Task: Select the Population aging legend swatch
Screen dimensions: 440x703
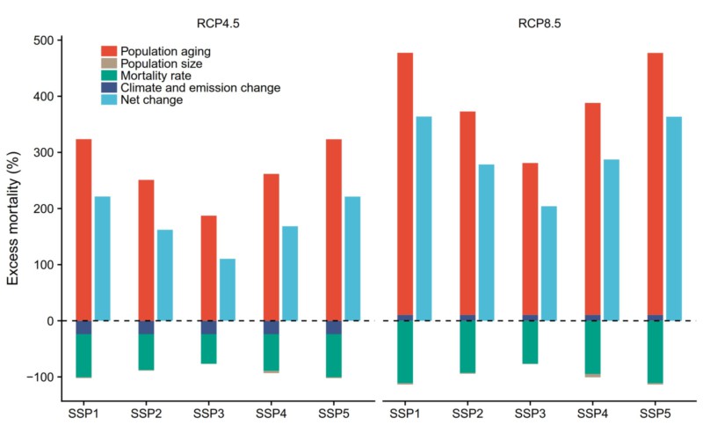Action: [109, 51]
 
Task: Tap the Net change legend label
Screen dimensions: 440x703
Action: [152, 100]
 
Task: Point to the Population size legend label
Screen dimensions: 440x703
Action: [163, 63]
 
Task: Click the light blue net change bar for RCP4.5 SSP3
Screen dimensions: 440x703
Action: [227, 290]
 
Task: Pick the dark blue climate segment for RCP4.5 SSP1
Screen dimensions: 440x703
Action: [83, 327]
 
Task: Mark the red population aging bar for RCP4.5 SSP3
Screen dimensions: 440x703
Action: [208, 242]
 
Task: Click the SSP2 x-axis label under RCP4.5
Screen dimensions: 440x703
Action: [147, 413]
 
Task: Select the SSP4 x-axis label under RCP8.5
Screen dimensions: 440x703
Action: [591, 413]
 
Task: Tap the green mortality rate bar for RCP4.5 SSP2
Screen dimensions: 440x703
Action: [146, 352]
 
